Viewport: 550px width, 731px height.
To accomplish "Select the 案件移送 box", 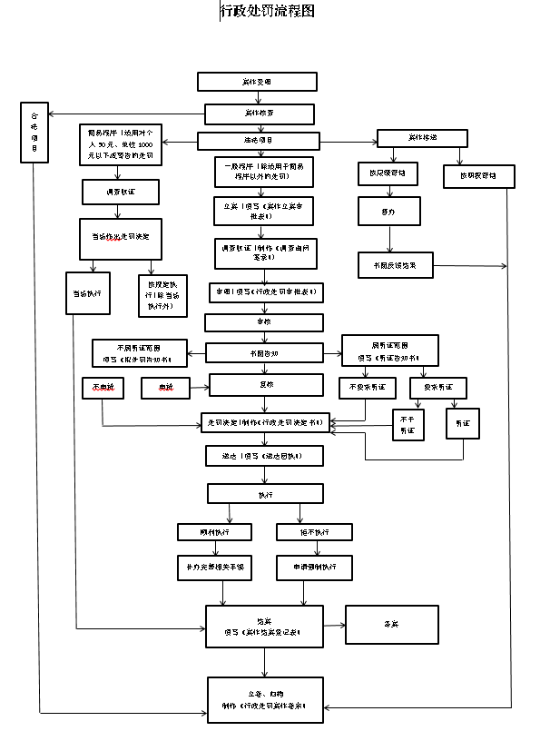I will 422,137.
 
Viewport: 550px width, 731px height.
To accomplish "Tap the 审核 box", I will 264,321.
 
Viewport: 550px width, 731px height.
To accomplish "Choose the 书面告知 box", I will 264,352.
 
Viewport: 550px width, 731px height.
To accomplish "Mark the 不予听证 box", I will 408,425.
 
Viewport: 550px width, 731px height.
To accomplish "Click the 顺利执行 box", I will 214,532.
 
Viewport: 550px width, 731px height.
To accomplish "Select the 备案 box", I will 391,625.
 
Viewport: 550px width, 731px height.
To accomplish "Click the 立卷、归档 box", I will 264,699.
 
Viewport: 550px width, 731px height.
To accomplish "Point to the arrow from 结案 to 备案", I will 334,625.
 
